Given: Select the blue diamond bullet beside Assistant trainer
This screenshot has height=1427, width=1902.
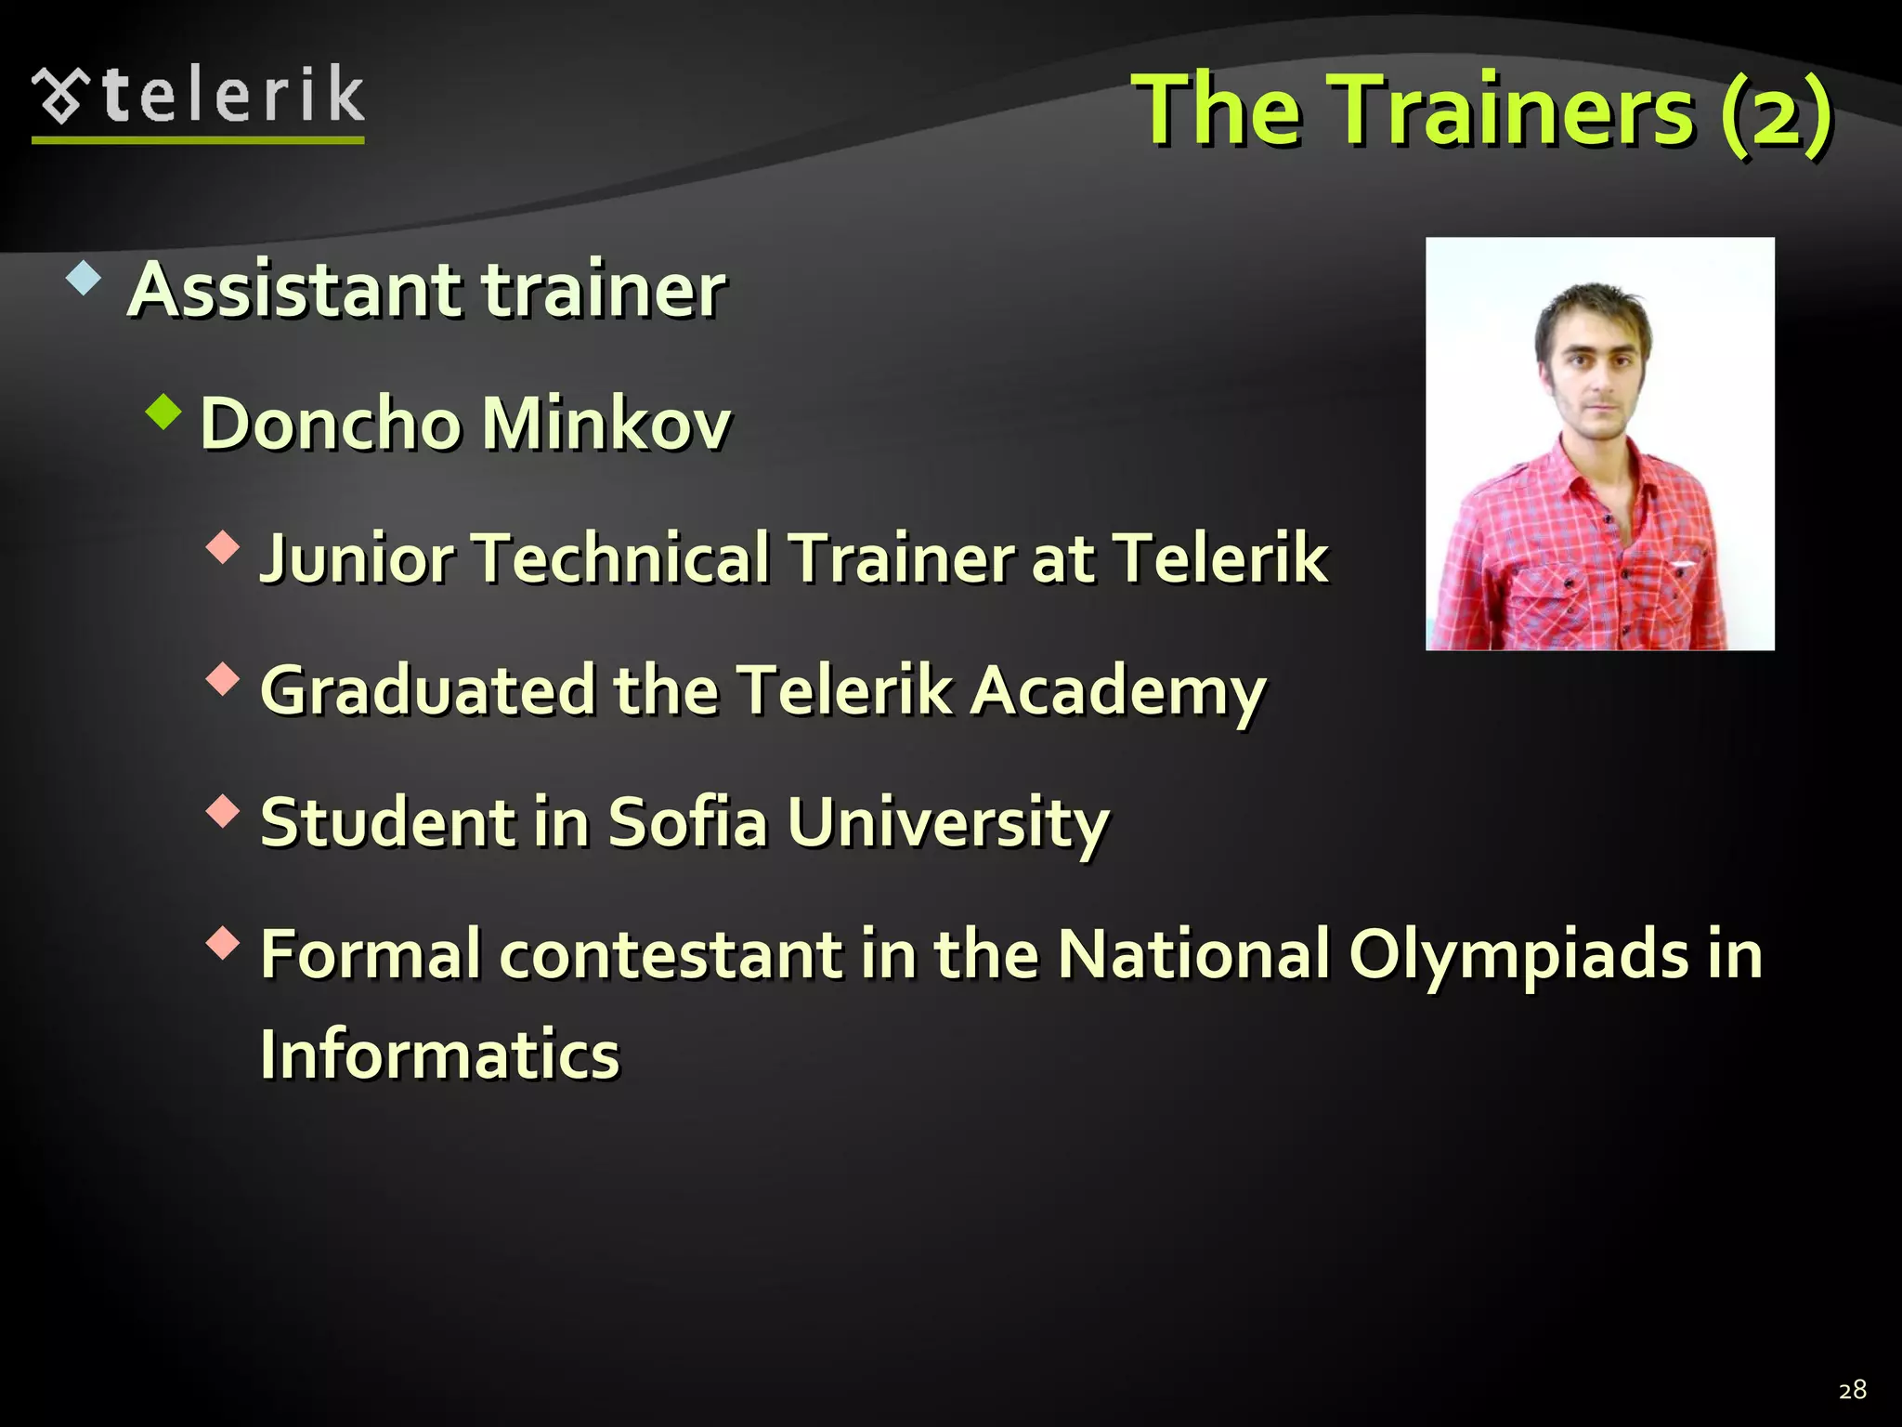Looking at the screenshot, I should pos(84,279).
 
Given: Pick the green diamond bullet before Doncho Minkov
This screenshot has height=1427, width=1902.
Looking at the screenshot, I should pos(163,411).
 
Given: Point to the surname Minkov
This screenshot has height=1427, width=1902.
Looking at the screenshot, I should pos(606,424).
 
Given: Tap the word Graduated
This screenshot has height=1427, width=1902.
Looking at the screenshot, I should pos(427,690).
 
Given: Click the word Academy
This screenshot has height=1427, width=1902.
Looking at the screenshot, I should pos(1118,692).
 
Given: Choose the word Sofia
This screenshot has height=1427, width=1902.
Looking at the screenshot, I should pos(688,822).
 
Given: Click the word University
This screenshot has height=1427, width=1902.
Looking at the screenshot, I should pos(948,824).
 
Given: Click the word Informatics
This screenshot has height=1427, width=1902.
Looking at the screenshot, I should pos(439,1054).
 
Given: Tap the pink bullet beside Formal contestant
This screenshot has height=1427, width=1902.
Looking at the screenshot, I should pos(223,944).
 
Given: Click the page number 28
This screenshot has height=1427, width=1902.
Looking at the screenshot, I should pos(1852,1390).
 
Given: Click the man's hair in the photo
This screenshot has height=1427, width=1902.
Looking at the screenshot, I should pos(1594,310).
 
